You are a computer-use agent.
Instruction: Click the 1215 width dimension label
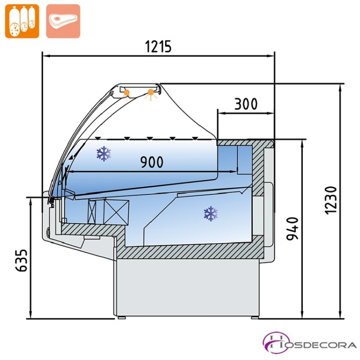[158, 46]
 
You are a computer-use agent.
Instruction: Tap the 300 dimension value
[246, 104]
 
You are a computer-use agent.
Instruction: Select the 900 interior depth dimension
[152, 162]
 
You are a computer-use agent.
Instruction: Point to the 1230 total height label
[331, 200]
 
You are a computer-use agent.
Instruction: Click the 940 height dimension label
[292, 229]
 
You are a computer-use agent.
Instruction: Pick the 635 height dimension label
[21, 261]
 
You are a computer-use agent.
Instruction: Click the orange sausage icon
[22, 21]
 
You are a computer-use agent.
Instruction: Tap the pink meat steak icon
[63, 21]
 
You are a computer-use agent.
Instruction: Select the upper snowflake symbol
[104, 153]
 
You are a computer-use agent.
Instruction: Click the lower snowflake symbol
[211, 213]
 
